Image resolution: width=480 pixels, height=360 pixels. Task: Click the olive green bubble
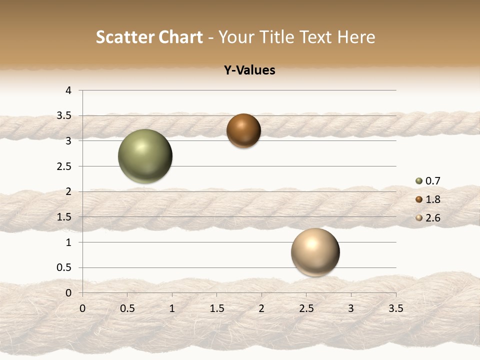click(145, 156)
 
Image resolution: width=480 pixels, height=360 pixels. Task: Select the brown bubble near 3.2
click(243, 131)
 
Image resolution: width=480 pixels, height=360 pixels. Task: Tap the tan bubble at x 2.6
click(315, 252)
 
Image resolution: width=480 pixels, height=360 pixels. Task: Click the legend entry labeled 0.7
click(428, 181)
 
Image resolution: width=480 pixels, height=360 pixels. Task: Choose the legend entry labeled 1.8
click(428, 199)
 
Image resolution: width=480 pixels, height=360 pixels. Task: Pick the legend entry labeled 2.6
click(428, 218)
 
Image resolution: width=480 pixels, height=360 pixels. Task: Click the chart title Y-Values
click(249, 70)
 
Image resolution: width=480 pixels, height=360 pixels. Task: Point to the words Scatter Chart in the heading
click(149, 37)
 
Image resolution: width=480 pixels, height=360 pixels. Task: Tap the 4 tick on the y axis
click(69, 90)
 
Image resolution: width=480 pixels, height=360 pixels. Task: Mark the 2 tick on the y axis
click(69, 191)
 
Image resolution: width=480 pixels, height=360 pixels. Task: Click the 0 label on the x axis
click(82, 308)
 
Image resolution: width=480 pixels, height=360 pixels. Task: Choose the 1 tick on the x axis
click(172, 308)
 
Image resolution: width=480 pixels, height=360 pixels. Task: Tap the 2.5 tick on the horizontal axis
click(306, 308)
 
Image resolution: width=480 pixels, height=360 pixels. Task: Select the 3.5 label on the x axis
click(395, 308)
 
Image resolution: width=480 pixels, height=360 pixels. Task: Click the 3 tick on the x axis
click(351, 308)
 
